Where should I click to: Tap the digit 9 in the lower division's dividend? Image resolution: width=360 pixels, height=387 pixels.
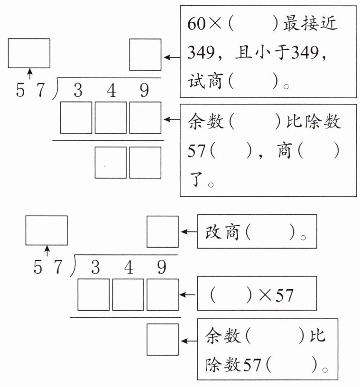click(x=162, y=268)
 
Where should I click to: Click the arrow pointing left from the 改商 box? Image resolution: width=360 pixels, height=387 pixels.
click(x=188, y=232)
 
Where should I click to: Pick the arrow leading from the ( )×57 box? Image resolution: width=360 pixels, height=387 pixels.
click(x=188, y=295)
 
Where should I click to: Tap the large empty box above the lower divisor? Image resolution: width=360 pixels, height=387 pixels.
click(x=46, y=230)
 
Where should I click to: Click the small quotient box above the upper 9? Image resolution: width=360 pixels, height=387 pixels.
click(x=145, y=55)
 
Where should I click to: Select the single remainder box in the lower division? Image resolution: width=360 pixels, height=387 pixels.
click(x=162, y=339)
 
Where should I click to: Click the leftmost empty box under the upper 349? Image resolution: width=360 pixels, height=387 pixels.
click(x=76, y=118)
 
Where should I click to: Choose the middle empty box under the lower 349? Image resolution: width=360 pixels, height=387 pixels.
click(x=128, y=295)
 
